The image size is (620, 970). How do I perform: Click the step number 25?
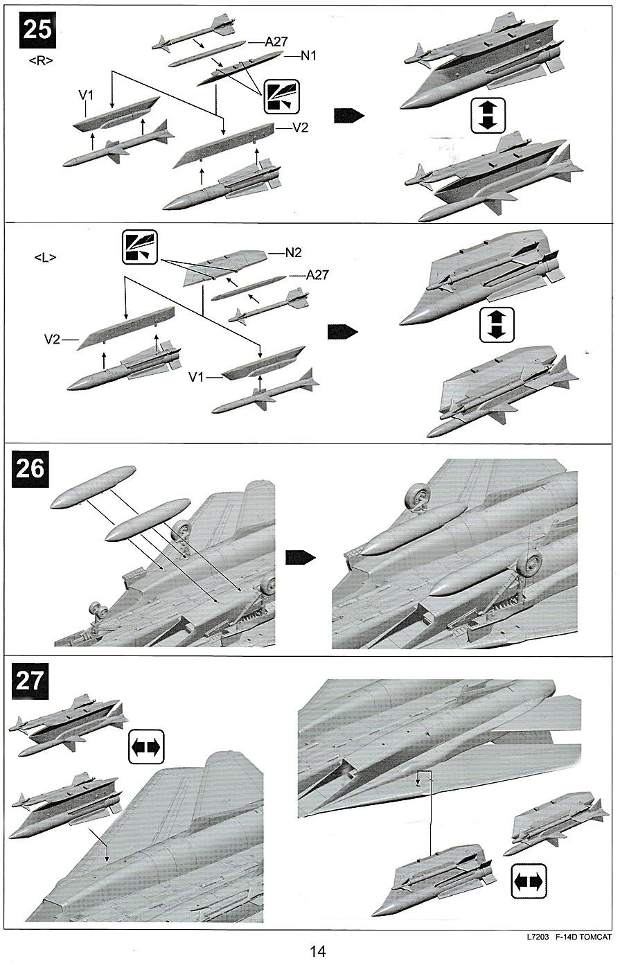[37, 30]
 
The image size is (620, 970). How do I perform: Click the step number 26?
[30, 468]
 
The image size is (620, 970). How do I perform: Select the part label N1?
[308, 55]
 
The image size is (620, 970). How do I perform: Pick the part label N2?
[293, 253]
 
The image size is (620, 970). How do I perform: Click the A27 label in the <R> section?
[276, 42]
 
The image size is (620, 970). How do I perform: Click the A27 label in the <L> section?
[317, 275]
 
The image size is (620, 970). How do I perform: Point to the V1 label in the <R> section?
[86, 95]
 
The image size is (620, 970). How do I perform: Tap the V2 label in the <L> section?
[53, 339]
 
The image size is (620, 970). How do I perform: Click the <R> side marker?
[41, 61]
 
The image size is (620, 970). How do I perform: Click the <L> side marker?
[45, 258]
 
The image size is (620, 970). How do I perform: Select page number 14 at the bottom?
[318, 951]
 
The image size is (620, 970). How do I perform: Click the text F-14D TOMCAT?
[583, 937]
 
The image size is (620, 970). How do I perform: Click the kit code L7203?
[538, 937]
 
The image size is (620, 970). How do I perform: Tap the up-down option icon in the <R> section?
[488, 116]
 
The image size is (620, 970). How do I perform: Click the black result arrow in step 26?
[301, 558]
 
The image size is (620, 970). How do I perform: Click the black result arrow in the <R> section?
[349, 116]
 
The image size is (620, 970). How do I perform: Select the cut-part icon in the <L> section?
[139, 247]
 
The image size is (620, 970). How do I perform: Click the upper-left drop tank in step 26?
[93, 486]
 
